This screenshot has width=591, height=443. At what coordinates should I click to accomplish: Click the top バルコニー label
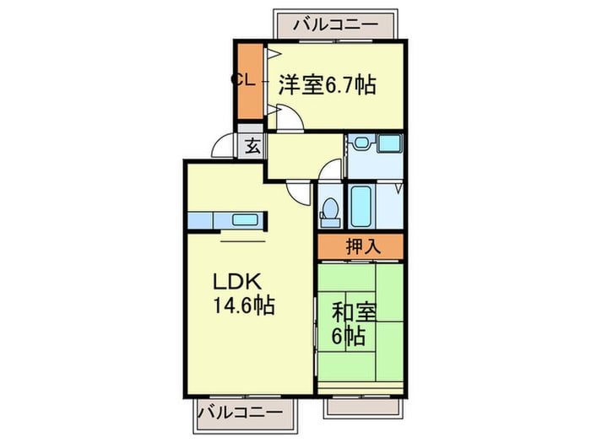pyautogui.click(x=336, y=25)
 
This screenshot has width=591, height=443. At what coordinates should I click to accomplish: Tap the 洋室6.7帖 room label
pyautogui.click(x=327, y=85)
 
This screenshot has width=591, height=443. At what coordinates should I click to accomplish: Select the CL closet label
pyautogui.click(x=243, y=80)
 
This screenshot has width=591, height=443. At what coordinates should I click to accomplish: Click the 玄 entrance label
pyautogui.click(x=252, y=146)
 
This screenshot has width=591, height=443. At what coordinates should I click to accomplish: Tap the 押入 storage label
pyautogui.click(x=361, y=247)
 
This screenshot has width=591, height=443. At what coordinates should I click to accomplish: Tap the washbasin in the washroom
pyautogui.click(x=361, y=144)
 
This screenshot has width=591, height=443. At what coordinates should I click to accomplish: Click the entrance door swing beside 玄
pyautogui.click(x=223, y=147)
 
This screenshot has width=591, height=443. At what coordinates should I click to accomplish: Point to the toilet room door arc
pyautogui.click(x=330, y=175)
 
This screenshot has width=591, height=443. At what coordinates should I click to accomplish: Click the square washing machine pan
pyautogui.click(x=390, y=144)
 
